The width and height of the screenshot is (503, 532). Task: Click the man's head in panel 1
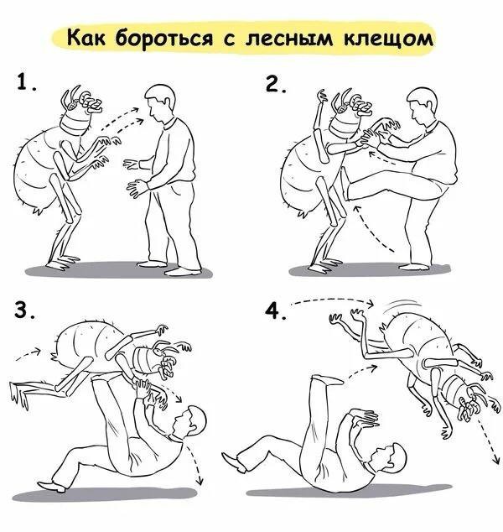pyautogui.click(x=159, y=101)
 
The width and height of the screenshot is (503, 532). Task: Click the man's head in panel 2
pyautogui.click(x=421, y=107)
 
